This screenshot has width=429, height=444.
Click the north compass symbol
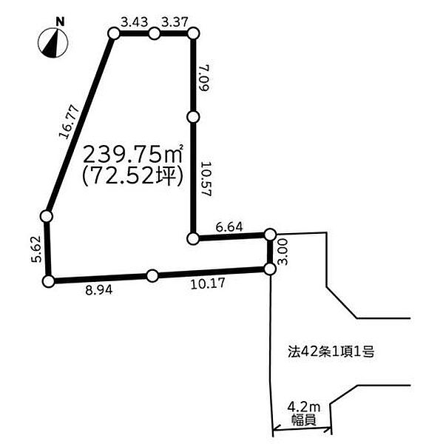(x=53, y=43)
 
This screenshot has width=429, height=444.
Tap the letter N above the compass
(x=60, y=21)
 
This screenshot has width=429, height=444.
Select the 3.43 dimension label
(x=135, y=22)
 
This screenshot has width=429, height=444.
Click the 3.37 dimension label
(x=175, y=22)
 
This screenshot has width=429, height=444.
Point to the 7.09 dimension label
(x=203, y=77)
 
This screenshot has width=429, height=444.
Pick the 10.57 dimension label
(x=206, y=179)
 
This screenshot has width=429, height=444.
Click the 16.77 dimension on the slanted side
(x=69, y=122)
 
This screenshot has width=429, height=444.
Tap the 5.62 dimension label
(x=37, y=249)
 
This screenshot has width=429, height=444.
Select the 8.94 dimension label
(x=99, y=290)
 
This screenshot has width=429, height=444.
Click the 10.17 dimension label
(x=208, y=283)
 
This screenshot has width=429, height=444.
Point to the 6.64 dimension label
(x=229, y=227)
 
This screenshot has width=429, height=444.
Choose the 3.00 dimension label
(x=283, y=252)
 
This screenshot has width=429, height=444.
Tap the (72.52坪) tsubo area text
(x=133, y=175)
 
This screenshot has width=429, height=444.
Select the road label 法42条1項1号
(x=331, y=352)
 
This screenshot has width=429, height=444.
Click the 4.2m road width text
(x=304, y=408)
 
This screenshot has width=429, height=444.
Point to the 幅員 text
(x=304, y=420)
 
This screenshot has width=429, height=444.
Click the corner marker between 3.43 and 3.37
(x=155, y=34)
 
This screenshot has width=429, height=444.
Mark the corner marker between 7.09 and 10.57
(x=194, y=117)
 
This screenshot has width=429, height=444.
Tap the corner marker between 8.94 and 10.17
(x=152, y=275)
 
